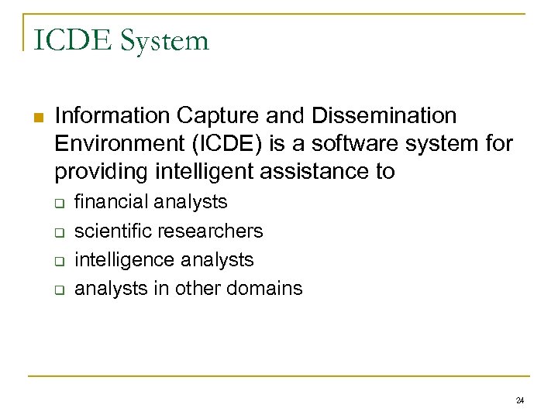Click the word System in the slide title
click(164, 39)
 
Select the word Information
click(112, 116)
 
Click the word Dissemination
click(384, 116)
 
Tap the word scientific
click(113, 231)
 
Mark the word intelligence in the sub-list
click(119, 259)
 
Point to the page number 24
click(519, 400)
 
